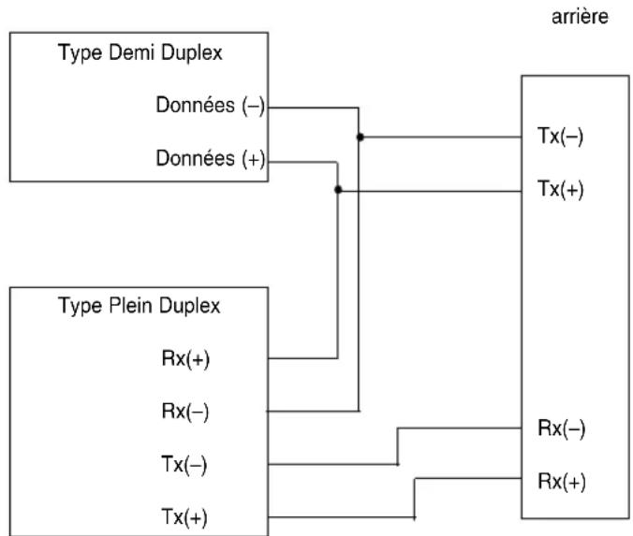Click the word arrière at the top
click(580, 17)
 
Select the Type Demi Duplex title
click(140, 53)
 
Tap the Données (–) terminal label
click(211, 106)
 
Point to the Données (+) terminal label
click(211, 158)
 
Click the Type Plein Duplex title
click(140, 306)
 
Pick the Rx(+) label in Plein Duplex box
click(185, 358)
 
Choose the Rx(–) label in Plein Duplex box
click(185, 412)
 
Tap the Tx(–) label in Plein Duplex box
click(184, 464)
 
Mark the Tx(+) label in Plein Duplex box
click(184, 516)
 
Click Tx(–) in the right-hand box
click(560, 136)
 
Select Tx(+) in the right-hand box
click(561, 189)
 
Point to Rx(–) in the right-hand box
click(562, 428)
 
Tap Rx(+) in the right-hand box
click(562, 481)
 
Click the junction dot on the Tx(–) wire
click(361, 138)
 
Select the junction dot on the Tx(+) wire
click(338, 190)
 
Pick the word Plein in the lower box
click(131, 305)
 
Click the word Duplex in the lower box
click(190, 306)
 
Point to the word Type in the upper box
click(80, 53)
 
